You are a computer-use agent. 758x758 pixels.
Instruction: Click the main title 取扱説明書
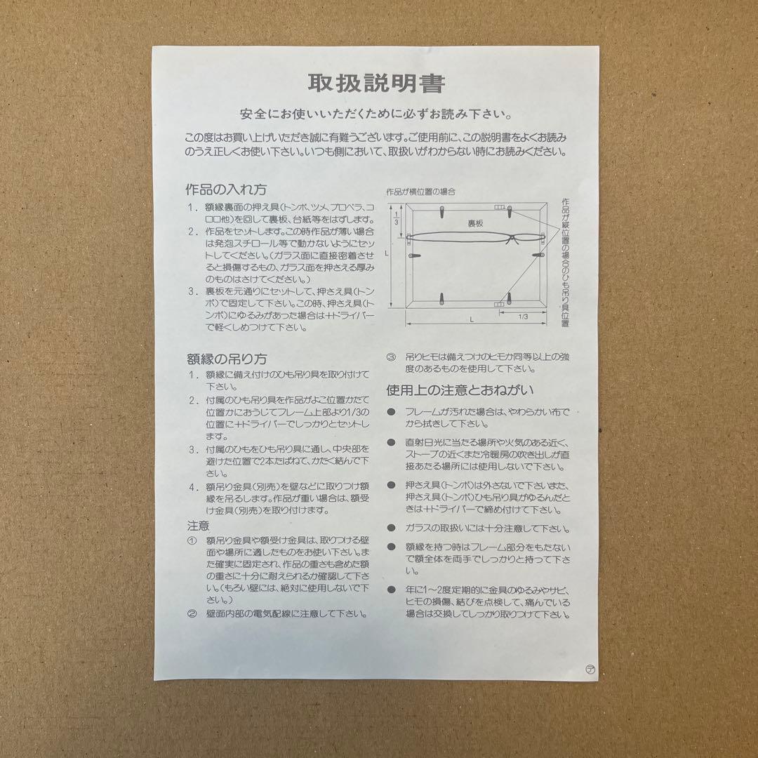(x=376, y=84)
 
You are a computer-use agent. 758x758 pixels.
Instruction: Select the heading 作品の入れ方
(x=225, y=189)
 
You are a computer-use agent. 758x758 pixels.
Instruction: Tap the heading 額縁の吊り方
(x=226, y=359)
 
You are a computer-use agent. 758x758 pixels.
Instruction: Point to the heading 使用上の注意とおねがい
(x=460, y=390)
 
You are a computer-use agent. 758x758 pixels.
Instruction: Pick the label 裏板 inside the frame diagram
(x=477, y=223)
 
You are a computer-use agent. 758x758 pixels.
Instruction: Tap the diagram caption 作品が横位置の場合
(x=420, y=191)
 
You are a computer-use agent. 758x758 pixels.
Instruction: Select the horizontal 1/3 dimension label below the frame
(x=522, y=317)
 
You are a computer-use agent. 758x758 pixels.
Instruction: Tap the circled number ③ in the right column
(x=391, y=357)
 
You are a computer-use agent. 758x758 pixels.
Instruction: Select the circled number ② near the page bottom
(x=192, y=613)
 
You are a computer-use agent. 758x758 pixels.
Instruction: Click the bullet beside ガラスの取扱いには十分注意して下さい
(x=391, y=528)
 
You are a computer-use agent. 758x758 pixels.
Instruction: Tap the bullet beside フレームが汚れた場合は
(x=391, y=412)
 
